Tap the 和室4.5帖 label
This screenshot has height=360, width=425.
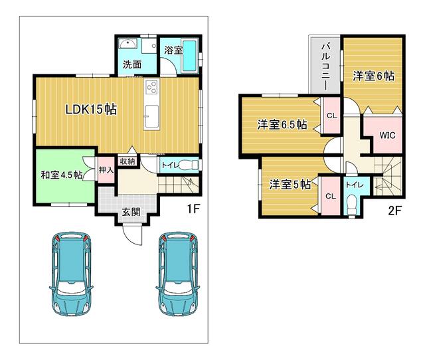[60, 175]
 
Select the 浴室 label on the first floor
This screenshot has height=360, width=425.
[173, 50]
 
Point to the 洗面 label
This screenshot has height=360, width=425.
[131, 64]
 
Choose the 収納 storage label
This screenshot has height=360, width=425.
[127, 161]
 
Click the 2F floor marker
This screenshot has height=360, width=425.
[396, 212]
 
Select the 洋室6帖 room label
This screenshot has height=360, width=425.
[373, 76]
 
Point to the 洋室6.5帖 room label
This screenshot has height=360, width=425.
[282, 124]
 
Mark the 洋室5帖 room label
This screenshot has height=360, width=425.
[290, 185]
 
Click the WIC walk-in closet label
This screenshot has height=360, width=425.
[387, 135]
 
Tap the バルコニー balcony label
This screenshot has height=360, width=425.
[327, 66]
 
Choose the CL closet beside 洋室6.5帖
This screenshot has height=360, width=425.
[331, 116]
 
